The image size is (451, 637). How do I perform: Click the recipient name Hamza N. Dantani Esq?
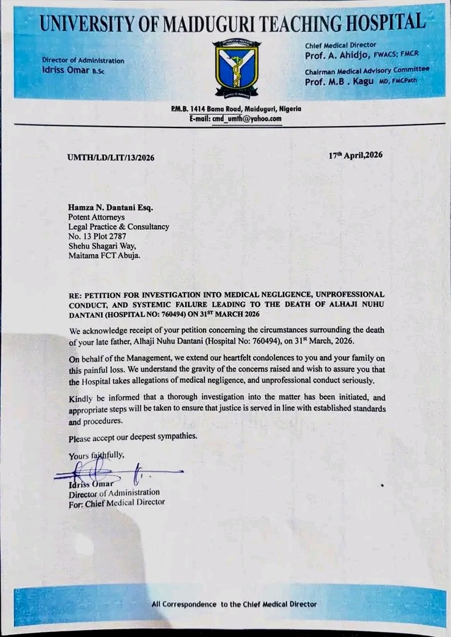tap(110, 207)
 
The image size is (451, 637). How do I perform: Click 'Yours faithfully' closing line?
tap(96, 457)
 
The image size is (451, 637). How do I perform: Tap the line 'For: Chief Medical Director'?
tap(117, 503)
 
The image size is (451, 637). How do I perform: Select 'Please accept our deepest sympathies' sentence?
tap(133, 437)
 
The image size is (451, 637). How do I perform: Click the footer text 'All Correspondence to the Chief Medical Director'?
tap(234, 604)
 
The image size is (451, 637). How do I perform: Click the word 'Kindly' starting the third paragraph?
tap(82, 398)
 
